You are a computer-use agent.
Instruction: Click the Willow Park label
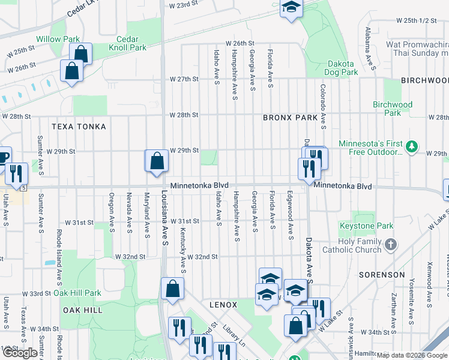point(58,39)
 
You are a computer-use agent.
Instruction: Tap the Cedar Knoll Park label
point(128,43)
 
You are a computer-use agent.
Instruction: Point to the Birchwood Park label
point(393,109)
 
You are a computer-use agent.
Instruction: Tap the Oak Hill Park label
point(77,293)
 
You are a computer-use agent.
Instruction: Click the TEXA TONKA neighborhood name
point(79,127)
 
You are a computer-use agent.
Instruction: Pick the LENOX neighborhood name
point(223,305)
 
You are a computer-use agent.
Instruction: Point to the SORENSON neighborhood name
point(382,275)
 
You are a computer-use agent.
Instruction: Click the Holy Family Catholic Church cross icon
point(391,244)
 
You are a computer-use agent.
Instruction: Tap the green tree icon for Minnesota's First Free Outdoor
point(411,146)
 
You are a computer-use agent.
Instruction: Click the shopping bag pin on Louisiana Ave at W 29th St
point(157,161)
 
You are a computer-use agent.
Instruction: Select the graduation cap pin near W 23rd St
point(291,7)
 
